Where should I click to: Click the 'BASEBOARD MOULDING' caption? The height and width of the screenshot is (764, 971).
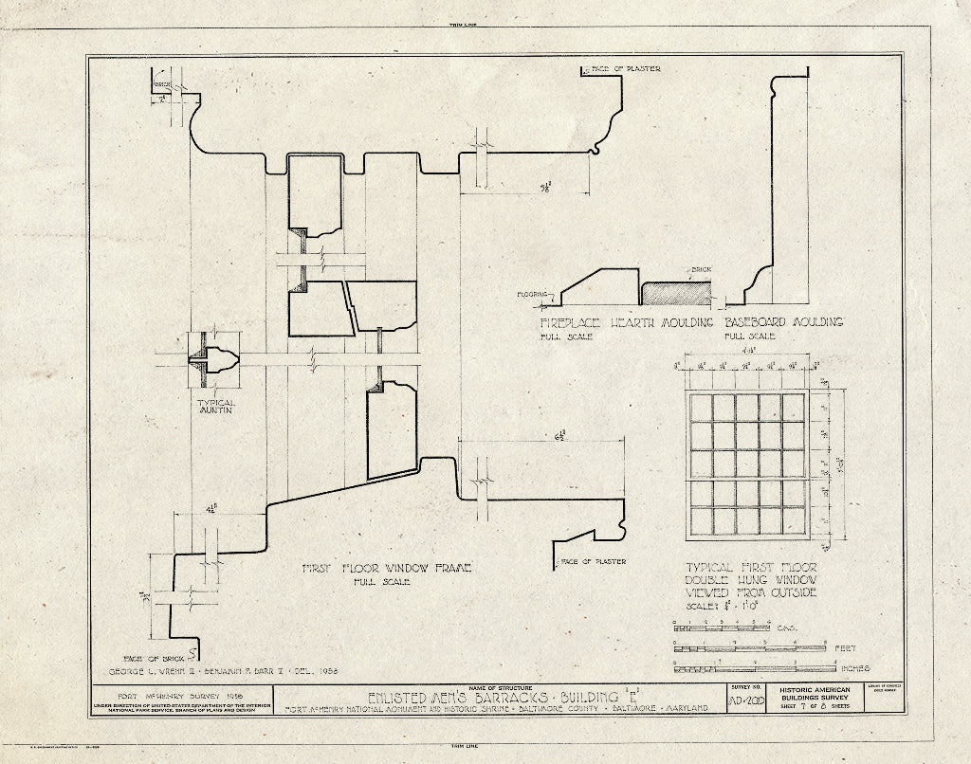point(783,322)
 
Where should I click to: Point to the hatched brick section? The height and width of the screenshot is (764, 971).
point(669,293)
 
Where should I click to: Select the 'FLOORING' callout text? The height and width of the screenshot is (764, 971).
point(533,294)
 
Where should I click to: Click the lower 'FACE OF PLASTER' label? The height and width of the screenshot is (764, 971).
point(592,561)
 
